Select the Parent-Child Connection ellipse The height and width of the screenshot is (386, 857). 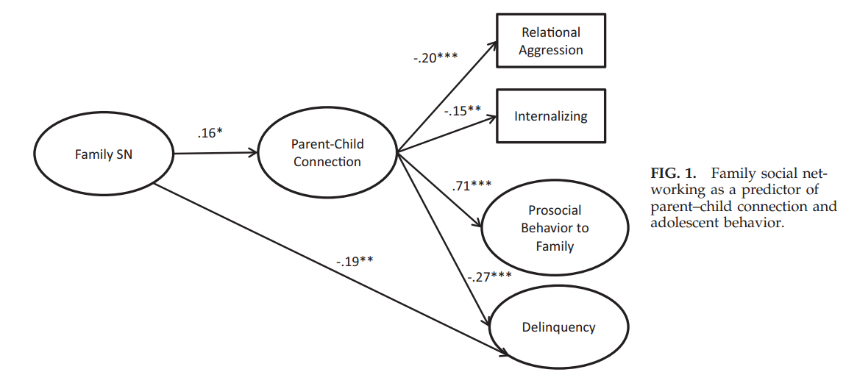tap(327, 154)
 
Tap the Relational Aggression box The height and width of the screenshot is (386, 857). tap(551, 41)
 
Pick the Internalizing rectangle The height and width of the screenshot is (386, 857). tap(551, 116)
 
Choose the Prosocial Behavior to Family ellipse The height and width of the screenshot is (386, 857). tap(555, 227)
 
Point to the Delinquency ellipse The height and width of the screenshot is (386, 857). tap(559, 327)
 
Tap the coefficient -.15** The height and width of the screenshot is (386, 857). tap(462, 110)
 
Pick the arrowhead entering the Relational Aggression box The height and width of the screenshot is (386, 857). tap(492, 46)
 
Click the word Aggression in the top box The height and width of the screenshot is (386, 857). tap(551, 50)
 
